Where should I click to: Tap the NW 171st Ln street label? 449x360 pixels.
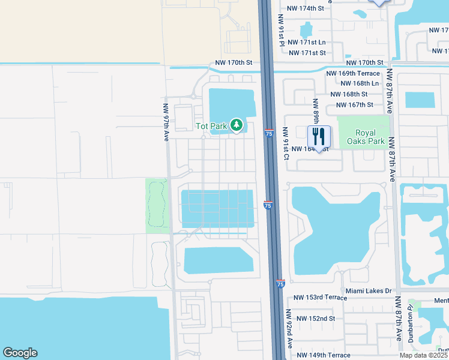click(306, 43)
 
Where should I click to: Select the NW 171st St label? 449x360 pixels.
click(307, 53)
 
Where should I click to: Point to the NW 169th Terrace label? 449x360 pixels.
click(352, 73)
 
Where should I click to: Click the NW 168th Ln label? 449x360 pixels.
click(359, 83)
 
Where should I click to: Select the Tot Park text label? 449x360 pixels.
click(211, 126)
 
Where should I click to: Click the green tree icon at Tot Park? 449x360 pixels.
click(237, 125)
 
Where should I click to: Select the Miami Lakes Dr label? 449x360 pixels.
click(369, 290)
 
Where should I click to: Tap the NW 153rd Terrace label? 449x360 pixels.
click(321, 298)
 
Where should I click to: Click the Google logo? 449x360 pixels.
click(20, 353)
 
